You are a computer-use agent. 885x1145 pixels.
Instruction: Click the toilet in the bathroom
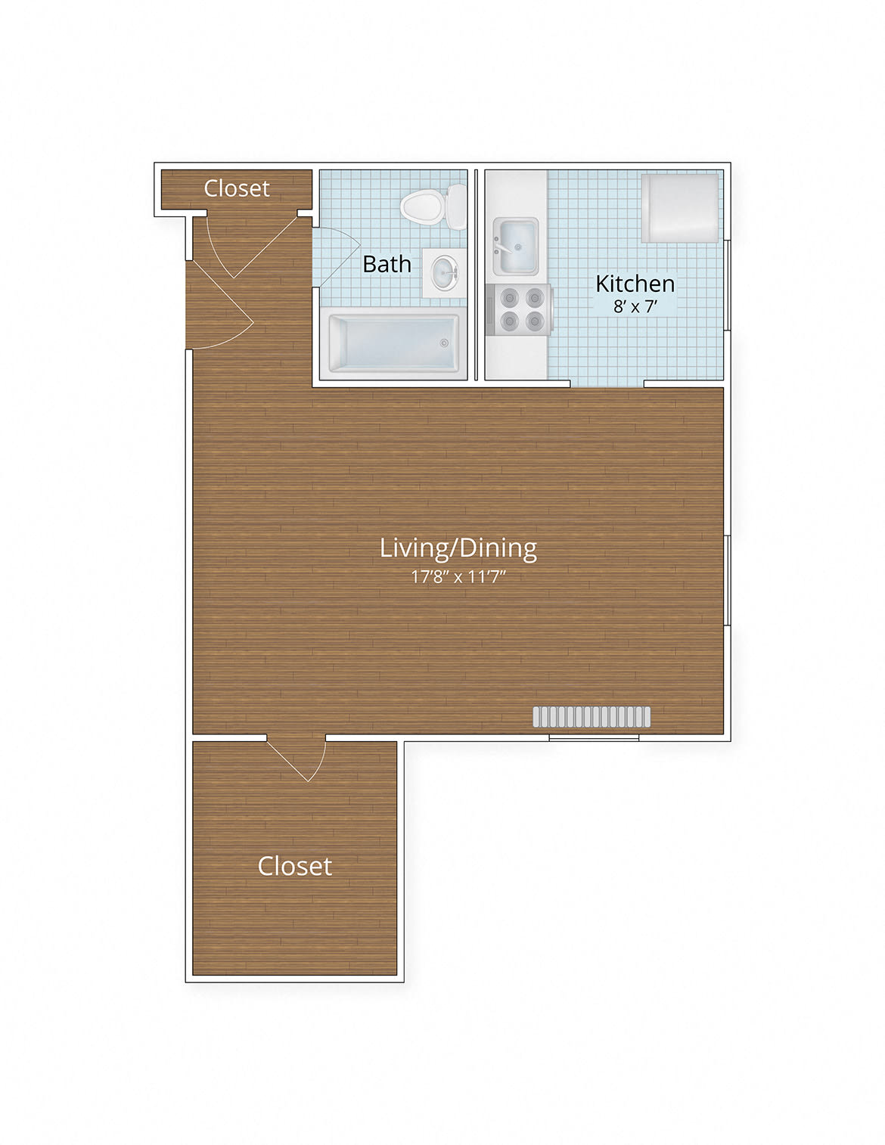point(433,206)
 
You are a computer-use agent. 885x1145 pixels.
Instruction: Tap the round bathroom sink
point(443,272)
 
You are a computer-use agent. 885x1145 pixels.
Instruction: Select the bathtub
point(393,343)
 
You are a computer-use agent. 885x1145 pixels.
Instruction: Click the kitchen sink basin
point(516,246)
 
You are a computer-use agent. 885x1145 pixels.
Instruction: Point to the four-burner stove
point(519,310)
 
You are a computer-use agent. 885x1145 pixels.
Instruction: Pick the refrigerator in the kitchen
point(680,208)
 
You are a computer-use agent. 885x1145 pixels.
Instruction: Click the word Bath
point(387,264)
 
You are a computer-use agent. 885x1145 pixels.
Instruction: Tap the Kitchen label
point(635,284)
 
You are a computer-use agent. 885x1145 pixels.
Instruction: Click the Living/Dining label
point(458,548)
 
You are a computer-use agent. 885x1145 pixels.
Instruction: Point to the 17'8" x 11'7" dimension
point(458,577)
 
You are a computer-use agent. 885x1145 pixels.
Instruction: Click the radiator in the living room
point(592,717)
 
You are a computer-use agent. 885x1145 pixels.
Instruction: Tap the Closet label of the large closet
point(295,866)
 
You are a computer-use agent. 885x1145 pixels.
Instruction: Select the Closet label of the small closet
point(237,188)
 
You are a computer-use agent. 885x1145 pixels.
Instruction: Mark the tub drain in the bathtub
point(444,343)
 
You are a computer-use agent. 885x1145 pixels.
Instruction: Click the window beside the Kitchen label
point(728,285)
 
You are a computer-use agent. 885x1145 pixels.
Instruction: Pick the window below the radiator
point(594,737)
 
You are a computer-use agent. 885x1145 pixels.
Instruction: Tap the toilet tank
point(457,206)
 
